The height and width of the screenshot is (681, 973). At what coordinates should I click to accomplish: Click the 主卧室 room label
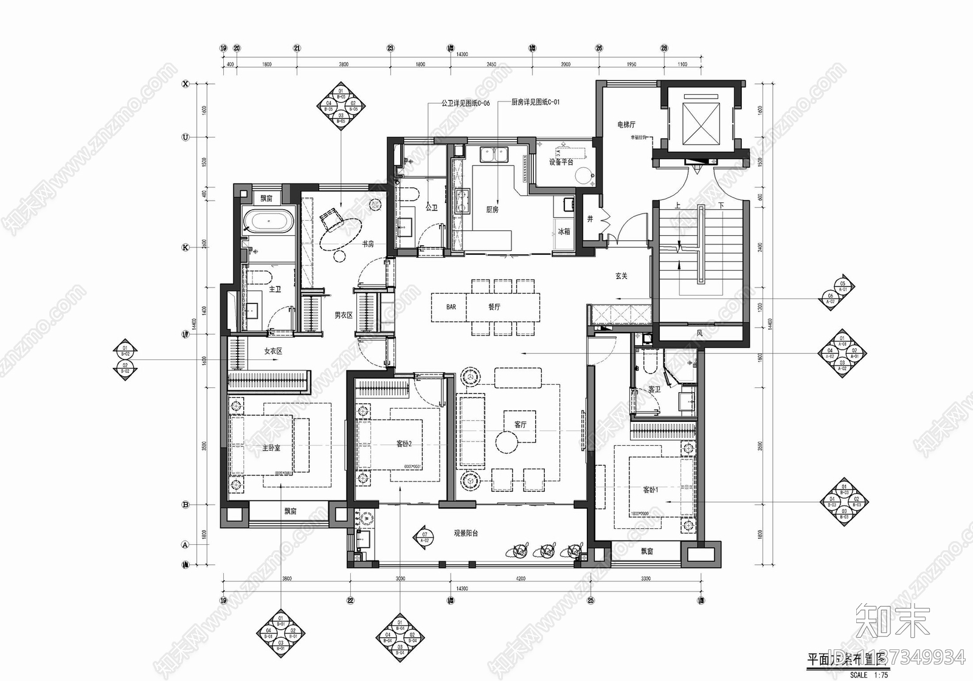click(x=271, y=448)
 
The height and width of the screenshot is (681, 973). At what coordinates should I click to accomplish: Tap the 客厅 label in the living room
click(x=521, y=424)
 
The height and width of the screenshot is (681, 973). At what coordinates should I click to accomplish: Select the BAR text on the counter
click(x=451, y=307)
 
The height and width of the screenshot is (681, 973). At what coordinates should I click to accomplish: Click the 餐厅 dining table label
click(x=494, y=307)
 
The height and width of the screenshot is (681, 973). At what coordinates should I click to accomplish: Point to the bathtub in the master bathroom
click(x=268, y=221)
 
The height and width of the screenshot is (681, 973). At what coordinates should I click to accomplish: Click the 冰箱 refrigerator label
click(x=564, y=231)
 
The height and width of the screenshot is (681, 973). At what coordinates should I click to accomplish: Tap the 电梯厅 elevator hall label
click(x=626, y=125)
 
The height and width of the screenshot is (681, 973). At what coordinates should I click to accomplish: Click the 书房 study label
click(x=368, y=244)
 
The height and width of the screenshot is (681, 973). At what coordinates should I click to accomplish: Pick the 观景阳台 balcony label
click(x=466, y=533)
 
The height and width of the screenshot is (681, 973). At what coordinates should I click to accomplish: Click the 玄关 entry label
click(x=621, y=276)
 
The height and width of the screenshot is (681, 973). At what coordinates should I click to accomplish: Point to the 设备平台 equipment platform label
click(x=561, y=162)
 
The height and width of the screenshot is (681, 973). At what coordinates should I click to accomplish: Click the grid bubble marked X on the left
click(x=185, y=85)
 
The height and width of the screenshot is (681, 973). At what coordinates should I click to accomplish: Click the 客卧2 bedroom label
click(x=404, y=444)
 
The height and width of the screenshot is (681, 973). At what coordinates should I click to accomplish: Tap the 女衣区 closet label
click(x=273, y=351)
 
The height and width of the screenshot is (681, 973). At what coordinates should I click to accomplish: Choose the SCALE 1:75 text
click(x=868, y=675)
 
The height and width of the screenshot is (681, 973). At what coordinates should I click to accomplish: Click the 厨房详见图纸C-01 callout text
click(x=535, y=103)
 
